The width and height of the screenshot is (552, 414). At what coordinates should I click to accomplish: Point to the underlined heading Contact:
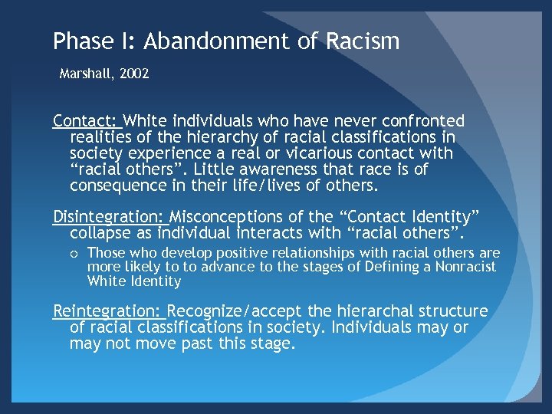tap(84, 121)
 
